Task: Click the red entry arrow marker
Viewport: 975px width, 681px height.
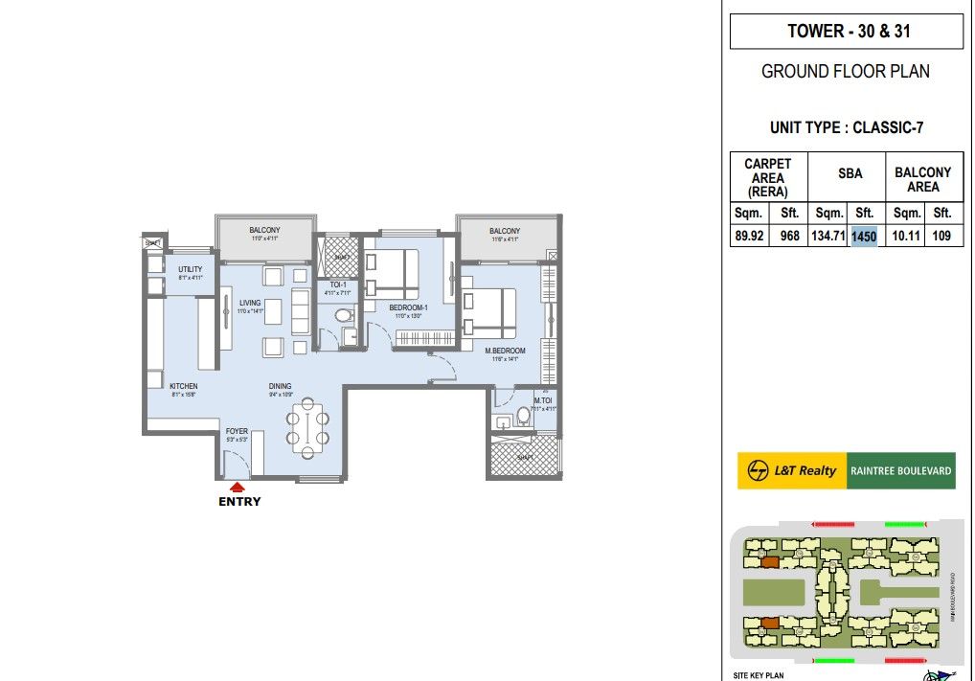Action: coord(238,487)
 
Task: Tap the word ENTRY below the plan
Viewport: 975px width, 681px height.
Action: coord(239,501)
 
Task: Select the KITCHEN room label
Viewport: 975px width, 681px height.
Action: coord(184,386)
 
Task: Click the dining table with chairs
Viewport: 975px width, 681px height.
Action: coord(308,427)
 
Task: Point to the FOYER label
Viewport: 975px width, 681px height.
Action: coord(237,432)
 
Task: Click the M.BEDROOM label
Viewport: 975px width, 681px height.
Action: coord(505,351)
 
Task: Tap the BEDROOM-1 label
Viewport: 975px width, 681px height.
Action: coord(408,307)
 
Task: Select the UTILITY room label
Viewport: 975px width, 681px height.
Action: coord(191,269)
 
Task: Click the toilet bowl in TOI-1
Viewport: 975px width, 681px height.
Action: coord(344,314)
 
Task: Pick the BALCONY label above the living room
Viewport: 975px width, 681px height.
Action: coord(264,231)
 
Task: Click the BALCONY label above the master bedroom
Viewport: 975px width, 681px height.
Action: coord(505,231)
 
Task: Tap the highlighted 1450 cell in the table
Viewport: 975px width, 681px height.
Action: coord(864,237)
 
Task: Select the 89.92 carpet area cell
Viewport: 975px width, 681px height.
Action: coord(749,237)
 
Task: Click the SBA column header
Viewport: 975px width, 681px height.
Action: coord(850,173)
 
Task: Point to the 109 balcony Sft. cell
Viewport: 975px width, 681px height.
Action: coord(941,237)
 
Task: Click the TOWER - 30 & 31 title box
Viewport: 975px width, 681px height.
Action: coord(847,32)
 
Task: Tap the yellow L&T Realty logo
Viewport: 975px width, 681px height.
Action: coord(792,470)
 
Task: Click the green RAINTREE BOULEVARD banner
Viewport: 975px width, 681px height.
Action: coord(901,470)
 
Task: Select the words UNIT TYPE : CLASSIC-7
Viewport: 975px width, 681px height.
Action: coord(847,127)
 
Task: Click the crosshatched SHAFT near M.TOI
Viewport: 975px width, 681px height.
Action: coord(524,456)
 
